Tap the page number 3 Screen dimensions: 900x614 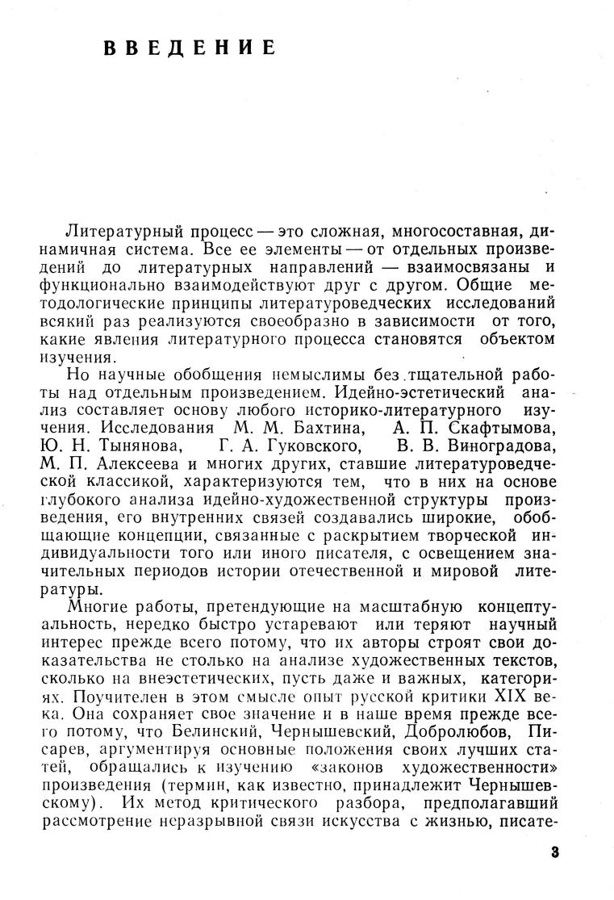point(553,853)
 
